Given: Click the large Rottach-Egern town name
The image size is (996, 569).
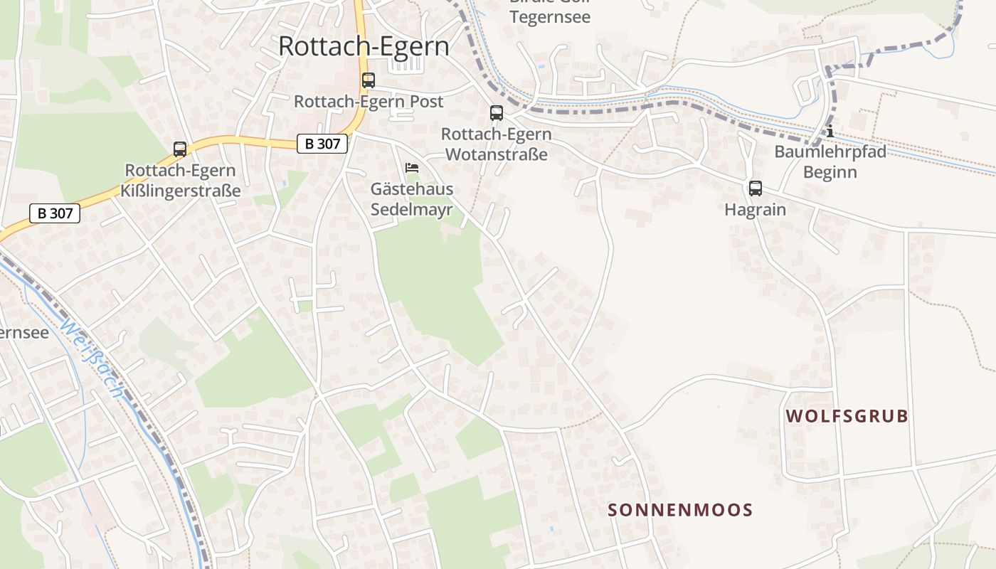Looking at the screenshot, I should pyautogui.click(x=364, y=46).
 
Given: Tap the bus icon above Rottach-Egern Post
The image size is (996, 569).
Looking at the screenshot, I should pyautogui.click(x=368, y=80).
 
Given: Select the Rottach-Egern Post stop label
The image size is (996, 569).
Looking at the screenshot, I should pyautogui.click(x=369, y=102).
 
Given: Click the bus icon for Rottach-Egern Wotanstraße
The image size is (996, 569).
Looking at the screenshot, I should pyautogui.click(x=496, y=112).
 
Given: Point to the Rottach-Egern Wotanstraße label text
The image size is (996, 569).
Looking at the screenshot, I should pyautogui.click(x=496, y=144).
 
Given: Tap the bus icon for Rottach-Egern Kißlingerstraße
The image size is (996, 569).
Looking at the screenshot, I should pyautogui.click(x=180, y=149).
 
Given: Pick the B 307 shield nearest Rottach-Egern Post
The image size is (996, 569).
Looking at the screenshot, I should pyautogui.click(x=322, y=144).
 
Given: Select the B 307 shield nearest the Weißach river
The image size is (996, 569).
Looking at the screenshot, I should pyautogui.click(x=55, y=213).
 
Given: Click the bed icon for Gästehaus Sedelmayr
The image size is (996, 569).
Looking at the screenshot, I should pyautogui.click(x=411, y=168).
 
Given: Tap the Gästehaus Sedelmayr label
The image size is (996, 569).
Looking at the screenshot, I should pyautogui.click(x=411, y=198).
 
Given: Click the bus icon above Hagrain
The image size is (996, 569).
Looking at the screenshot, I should pyautogui.click(x=755, y=188).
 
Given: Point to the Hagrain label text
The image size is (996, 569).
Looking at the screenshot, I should pyautogui.click(x=755, y=210).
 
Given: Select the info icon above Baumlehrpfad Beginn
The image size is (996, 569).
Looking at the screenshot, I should pyautogui.click(x=830, y=132).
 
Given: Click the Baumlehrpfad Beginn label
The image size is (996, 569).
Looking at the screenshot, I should pyautogui.click(x=830, y=161).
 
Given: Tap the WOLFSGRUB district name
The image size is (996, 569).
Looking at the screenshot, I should pyautogui.click(x=847, y=416).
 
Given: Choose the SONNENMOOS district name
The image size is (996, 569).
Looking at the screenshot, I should pyautogui.click(x=680, y=510).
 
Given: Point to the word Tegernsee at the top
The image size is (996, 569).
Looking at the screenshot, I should pyautogui.click(x=550, y=16).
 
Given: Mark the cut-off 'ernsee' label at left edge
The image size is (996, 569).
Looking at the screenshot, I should pyautogui.click(x=24, y=332).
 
